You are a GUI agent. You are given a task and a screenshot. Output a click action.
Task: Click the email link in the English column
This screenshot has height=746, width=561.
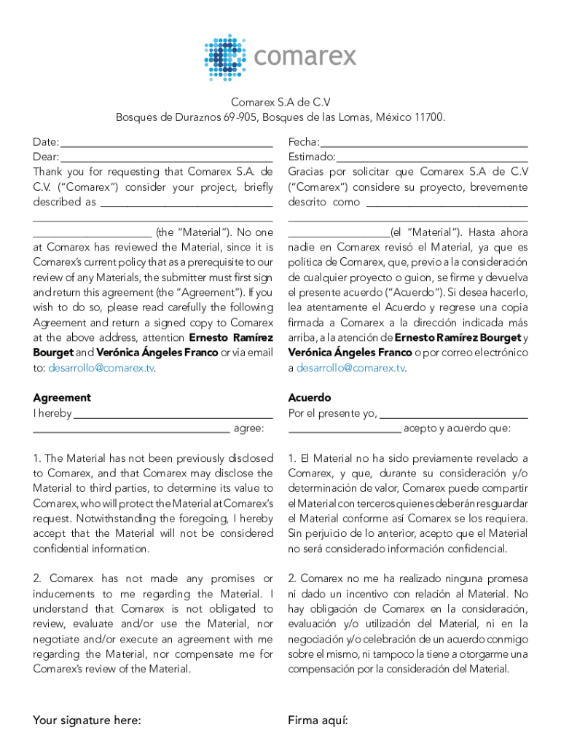point(101,368)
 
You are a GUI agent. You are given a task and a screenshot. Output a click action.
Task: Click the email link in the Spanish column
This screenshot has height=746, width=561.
point(350,368)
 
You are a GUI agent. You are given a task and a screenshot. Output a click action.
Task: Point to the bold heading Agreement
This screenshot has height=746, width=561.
point(62,398)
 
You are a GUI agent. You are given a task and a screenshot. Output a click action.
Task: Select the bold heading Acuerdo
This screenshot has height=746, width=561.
point(309,398)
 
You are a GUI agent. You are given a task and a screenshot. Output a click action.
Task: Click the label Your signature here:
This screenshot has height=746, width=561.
point(87,721)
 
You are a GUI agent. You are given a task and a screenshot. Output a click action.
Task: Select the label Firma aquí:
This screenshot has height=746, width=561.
point(318,721)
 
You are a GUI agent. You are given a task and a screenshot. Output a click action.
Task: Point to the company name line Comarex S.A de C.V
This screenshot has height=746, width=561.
point(280,103)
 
